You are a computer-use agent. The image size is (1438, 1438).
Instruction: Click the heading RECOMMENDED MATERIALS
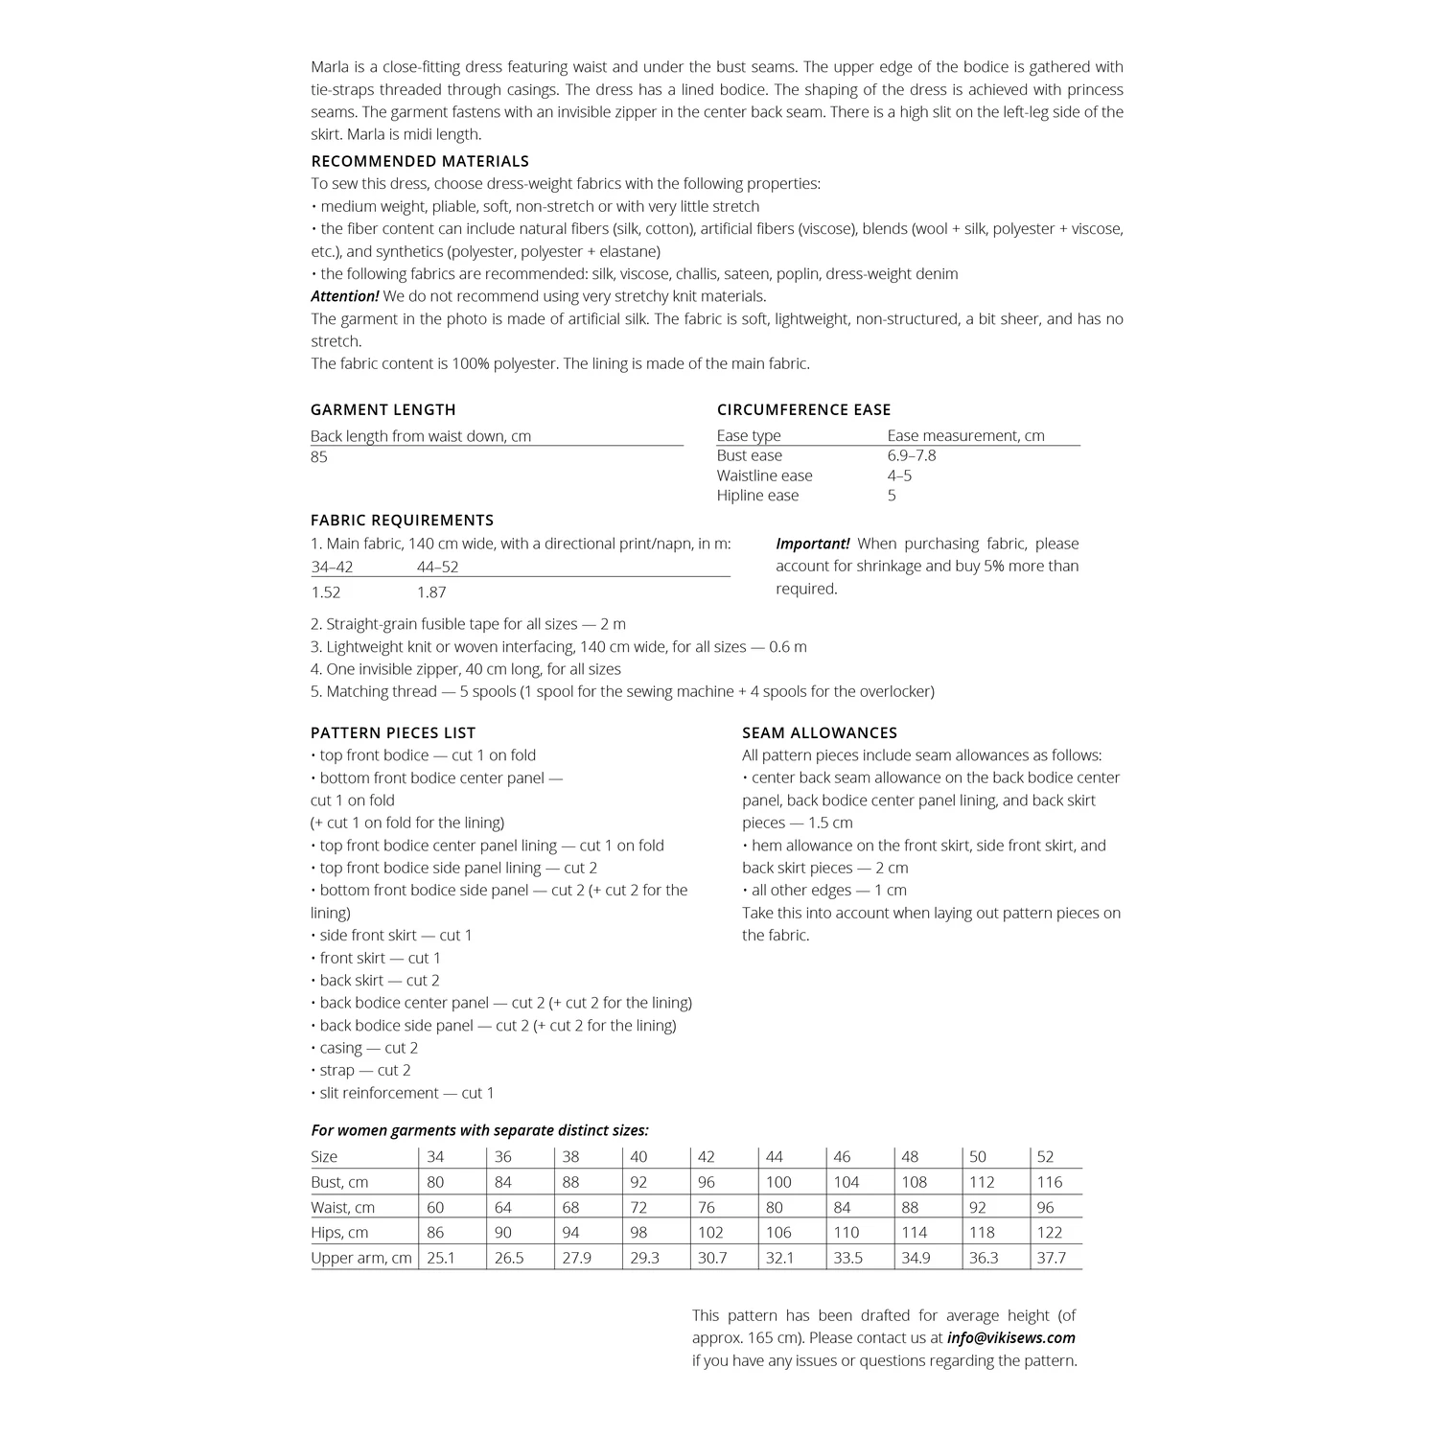pos(420,161)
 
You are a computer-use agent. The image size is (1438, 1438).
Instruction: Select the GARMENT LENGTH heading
pos(383,409)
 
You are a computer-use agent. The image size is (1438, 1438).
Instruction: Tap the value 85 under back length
pos(319,457)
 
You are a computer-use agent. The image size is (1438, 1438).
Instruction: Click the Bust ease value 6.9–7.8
pos(912,455)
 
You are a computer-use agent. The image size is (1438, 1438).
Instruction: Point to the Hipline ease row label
pos(757,496)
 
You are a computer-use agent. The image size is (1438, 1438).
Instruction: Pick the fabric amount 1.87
pos(431,592)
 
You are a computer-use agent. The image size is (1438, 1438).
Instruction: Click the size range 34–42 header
pos(332,567)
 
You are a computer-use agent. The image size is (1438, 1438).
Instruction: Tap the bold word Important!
pos(812,544)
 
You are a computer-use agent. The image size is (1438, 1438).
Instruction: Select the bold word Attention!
pos(345,296)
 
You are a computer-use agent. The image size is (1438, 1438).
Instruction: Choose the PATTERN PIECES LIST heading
pos(393,732)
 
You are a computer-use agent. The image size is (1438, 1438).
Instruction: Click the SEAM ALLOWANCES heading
pos(820,732)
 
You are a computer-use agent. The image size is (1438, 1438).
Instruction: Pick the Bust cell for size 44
pos(781,1182)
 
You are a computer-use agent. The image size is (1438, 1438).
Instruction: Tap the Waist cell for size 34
pos(435,1208)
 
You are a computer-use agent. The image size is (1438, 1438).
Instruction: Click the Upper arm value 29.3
pos(644,1258)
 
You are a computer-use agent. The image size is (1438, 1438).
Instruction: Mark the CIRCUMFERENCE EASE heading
pos(803,409)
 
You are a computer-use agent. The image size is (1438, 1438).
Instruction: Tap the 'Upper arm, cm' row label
pos(361,1258)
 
